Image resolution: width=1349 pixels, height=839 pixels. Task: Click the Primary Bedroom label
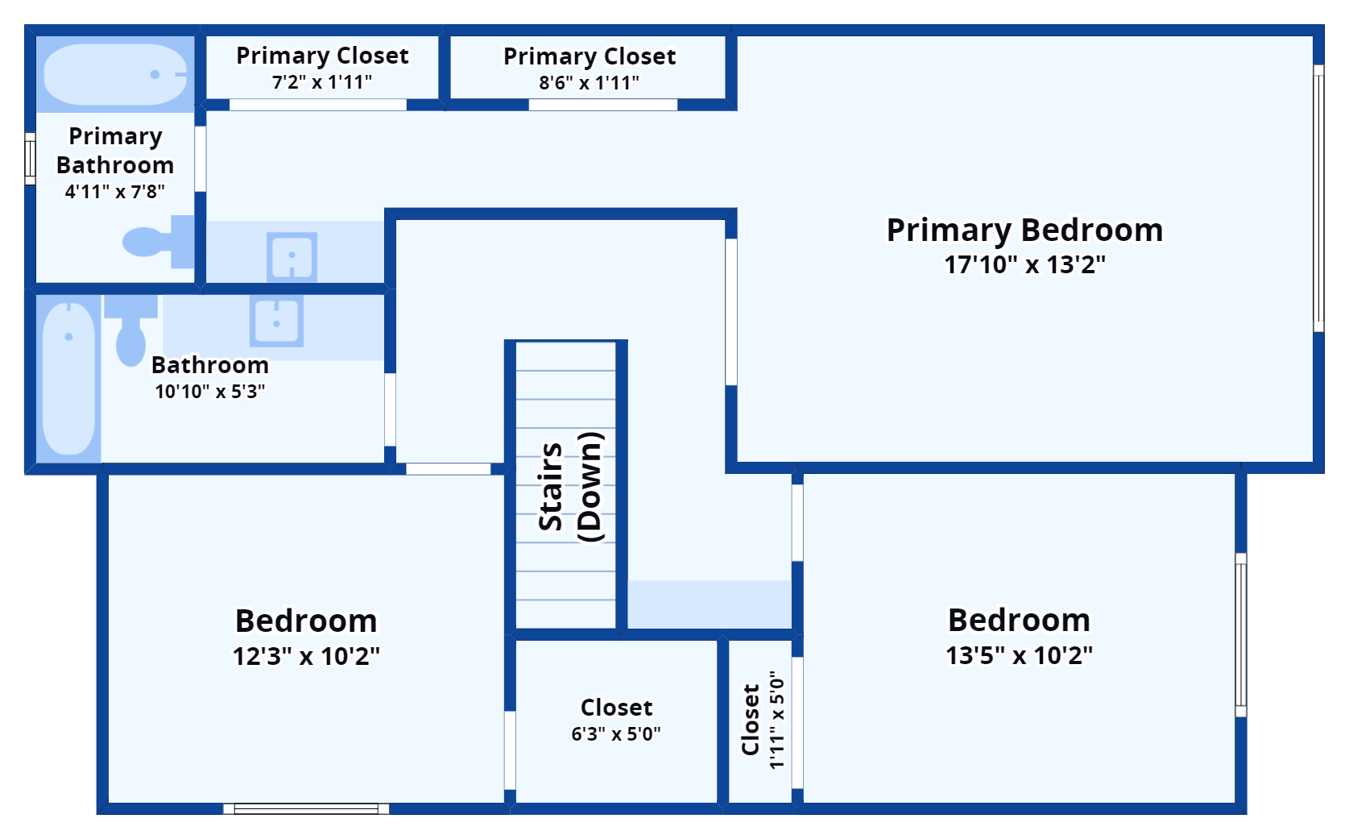1024,231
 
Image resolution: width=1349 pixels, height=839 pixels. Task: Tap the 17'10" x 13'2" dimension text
1024,265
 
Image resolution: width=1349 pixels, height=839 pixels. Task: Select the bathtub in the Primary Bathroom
115,74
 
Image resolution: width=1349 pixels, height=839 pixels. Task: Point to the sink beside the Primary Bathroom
292,255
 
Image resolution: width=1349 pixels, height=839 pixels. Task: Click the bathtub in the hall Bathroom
69,378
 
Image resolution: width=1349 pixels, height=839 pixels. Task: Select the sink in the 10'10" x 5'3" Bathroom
276,321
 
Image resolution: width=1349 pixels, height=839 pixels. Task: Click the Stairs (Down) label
570,487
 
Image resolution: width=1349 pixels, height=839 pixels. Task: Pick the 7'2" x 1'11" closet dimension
322,82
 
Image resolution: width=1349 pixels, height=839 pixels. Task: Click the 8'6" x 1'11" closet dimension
589,83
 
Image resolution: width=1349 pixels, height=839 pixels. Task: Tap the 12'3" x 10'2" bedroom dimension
306,657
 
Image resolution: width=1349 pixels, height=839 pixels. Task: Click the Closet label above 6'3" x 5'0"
616,708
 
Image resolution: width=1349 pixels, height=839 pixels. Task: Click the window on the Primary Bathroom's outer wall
30,159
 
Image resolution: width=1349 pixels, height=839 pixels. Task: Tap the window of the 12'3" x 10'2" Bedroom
306,808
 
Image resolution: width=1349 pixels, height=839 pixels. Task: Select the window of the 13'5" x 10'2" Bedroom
1240,635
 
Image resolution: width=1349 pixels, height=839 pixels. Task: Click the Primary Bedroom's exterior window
1318,198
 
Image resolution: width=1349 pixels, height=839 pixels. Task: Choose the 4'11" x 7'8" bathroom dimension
115,192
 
